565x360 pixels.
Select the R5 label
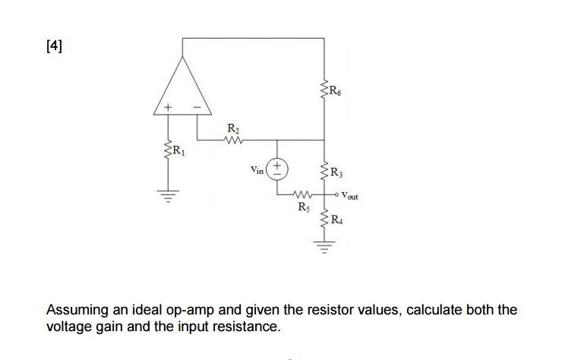[x=303, y=207]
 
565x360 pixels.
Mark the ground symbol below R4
[x=325, y=246]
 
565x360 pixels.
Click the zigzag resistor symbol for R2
[x=235, y=140]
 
